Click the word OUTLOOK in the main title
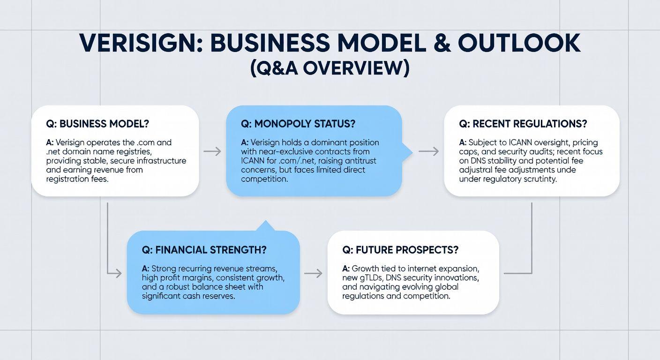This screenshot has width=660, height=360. click(519, 43)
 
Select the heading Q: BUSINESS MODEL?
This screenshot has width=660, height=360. click(97, 124)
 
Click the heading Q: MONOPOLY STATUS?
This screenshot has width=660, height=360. click(298, 124)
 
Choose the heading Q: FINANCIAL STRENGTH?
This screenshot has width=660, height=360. click(204, 250)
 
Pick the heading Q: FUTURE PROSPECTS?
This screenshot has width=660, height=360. click(400, 250)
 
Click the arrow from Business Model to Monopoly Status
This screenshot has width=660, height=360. click(212, 151)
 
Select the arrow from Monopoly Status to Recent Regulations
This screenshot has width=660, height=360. click(428, 151)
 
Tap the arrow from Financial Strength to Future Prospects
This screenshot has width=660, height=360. click(313, 273)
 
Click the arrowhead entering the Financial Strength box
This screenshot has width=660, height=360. click(118, 273)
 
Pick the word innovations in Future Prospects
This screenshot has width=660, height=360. click(455, 278)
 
